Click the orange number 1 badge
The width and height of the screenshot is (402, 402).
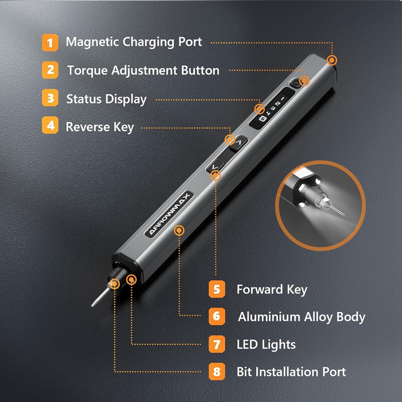(x=50, y=42)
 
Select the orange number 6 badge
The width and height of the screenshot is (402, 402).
(x=217, y=317)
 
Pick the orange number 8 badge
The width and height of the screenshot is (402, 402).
(x=217, y=372)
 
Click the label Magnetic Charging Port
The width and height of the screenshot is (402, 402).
(x=134, y=42)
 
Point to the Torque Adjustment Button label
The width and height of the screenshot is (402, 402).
(x=143, y=70)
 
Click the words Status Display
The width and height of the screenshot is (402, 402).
(x=106, y=99)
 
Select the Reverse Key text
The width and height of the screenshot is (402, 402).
(x=100, y=127)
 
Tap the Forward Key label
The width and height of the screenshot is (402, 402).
(x=271, y=289)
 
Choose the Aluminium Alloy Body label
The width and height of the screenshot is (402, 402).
(x=301, y=317)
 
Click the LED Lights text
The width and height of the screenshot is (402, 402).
(x=266, y=344)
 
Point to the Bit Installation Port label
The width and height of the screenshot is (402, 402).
(x=291, y=372)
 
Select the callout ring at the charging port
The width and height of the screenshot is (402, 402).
(x=332, y=61)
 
